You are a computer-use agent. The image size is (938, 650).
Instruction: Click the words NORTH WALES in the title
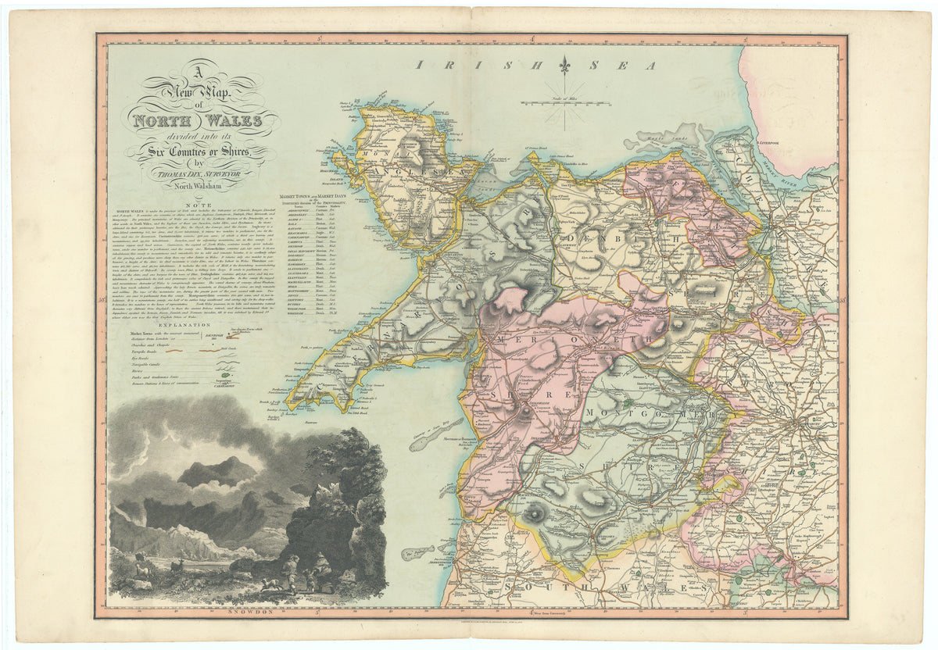point(202,122)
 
